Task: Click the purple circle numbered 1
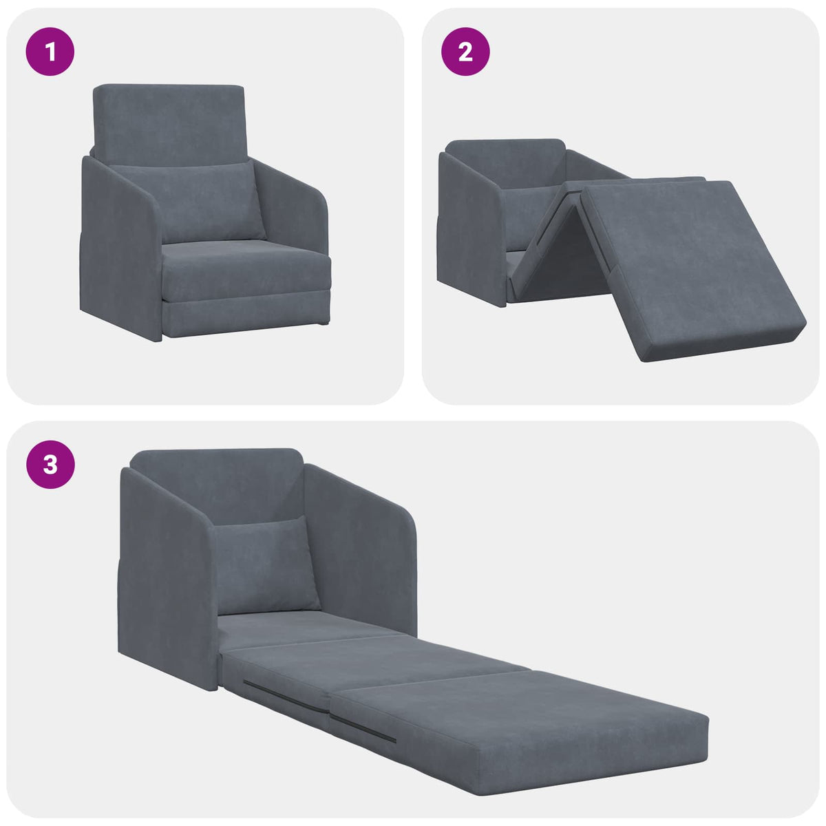pos(50,52)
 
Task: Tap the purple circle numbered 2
pos(465,52)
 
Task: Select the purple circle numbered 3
pos(50,465)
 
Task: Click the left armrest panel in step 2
pos(468,227)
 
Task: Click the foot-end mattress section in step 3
pos(523,730)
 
